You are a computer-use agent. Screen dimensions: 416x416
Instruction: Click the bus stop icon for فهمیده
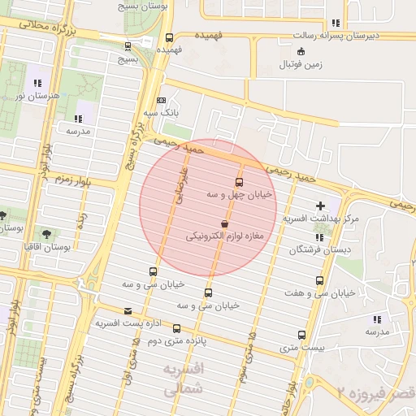169,37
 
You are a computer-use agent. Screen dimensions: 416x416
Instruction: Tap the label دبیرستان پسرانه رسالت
362,37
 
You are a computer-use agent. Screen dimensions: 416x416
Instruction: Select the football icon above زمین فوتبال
301,51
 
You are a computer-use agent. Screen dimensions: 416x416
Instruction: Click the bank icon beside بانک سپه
161,100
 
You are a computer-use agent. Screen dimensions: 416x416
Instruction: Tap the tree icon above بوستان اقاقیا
45,233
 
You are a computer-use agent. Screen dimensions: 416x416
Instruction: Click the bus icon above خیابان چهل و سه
239,182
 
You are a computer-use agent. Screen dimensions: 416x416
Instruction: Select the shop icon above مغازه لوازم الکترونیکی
224,224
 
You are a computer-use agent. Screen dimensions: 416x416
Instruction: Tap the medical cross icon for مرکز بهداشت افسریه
320,206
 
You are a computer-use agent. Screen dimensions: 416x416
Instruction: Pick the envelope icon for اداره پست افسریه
128,310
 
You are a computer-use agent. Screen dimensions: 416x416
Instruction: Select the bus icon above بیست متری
302,335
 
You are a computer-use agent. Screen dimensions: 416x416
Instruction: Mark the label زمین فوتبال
297,63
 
